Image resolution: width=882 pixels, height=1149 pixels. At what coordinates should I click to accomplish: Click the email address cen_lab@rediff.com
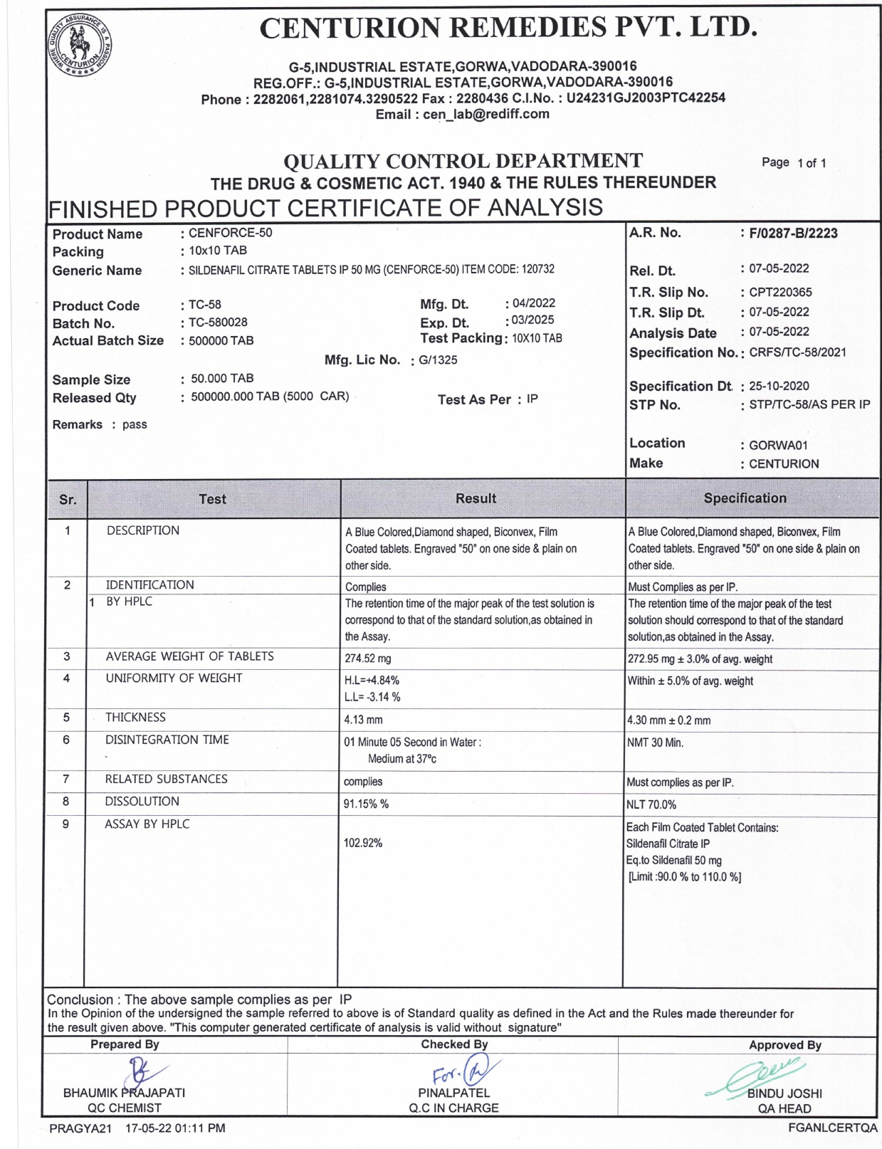[486, 114]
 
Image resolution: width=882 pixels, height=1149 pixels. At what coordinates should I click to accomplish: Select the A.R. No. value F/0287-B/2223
[793, 234]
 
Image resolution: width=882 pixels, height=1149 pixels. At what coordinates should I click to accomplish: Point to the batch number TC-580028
[218, 322]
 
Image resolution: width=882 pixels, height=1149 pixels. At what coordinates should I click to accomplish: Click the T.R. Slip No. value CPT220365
[780, 292]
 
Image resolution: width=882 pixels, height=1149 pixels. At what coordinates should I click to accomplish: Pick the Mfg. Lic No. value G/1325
[438, 360]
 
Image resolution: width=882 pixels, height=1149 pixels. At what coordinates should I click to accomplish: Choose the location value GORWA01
[778, 446]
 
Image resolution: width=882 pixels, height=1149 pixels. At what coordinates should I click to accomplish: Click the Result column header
[476, 498]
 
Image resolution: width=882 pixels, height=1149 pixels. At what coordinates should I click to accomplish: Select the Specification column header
[745, 498]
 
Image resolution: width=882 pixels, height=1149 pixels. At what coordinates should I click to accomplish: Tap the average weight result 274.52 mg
[368, 659]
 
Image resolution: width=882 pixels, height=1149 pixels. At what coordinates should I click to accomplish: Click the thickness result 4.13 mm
[363, 720]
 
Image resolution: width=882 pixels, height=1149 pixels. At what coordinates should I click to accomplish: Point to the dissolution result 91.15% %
[366, 804]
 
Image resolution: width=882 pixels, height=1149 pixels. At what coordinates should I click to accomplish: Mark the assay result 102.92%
[363, 844]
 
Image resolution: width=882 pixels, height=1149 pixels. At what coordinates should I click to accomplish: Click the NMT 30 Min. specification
[655, 743]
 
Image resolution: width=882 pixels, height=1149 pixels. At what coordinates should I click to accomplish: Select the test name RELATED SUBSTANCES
[167, 780]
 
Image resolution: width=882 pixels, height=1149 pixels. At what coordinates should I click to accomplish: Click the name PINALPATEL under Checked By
[453, 1093]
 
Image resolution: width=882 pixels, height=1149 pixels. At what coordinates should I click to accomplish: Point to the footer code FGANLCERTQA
[833, 1128]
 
